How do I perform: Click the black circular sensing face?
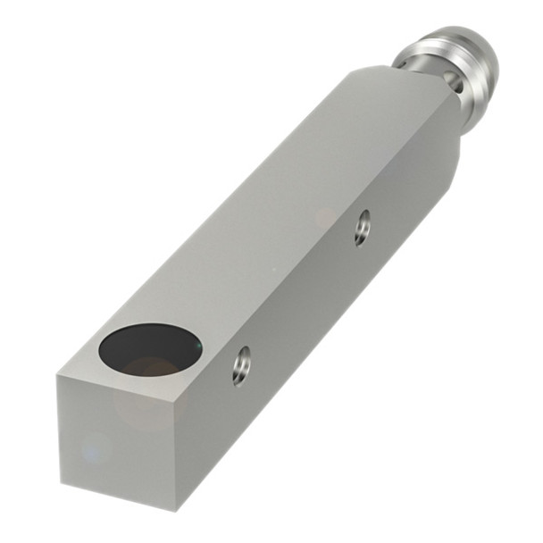coord(147,349)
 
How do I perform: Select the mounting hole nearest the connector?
coord(361,227)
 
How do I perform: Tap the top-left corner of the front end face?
coord(58,375)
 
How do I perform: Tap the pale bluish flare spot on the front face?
coord(92,447)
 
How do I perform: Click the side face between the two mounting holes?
coord(304,295)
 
